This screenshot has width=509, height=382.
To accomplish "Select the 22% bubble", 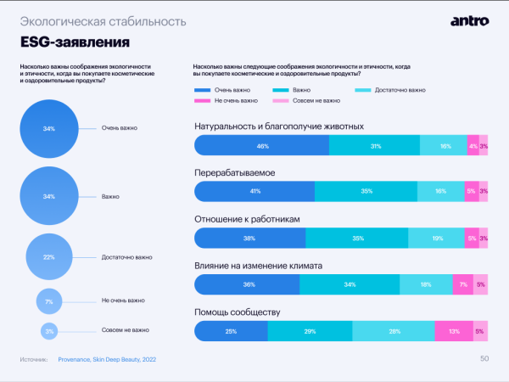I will [x=49, y=256].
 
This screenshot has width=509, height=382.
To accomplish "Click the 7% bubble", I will [x=49, y=301].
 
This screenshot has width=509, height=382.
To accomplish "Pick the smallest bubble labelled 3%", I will [x=49, y=330].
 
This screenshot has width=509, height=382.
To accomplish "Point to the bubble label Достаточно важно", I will [x=126, y=256].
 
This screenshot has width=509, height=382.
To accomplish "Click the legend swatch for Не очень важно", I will [x=202, y=100].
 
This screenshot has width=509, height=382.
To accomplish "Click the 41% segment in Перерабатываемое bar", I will [x=255, y=192].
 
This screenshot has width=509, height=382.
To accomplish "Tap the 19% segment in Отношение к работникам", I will [x=437, y=239].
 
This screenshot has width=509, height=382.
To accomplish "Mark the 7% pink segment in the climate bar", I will [x=462, y=284].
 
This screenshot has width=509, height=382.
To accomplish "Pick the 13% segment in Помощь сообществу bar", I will [x=454, y=331].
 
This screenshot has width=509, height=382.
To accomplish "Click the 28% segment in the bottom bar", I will [x=394, y=331].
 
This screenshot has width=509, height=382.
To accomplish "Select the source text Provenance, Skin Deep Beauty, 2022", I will [x=107, y=360].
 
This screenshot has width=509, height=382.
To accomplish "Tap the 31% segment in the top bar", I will [x=375, y=146].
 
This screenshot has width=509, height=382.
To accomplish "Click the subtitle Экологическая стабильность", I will [x=74, y=20].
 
